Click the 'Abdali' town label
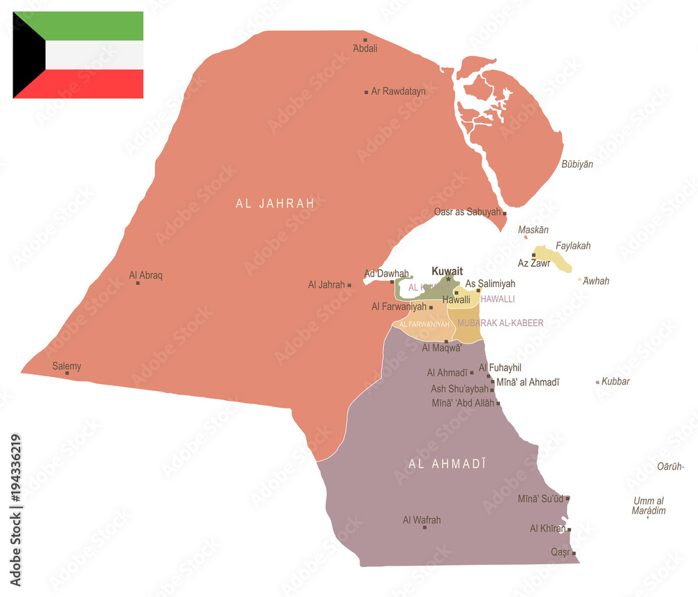365,48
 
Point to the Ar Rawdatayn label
399,91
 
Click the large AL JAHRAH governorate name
275,204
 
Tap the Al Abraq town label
146,275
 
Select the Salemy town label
67,366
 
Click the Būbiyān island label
577,164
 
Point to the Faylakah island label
573,246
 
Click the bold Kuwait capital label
447,271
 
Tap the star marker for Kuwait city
448,279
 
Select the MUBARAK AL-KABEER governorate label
500,323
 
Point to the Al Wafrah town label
422,519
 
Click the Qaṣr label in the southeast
560,552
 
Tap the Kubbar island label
616,381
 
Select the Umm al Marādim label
649,506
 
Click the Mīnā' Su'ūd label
540,499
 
